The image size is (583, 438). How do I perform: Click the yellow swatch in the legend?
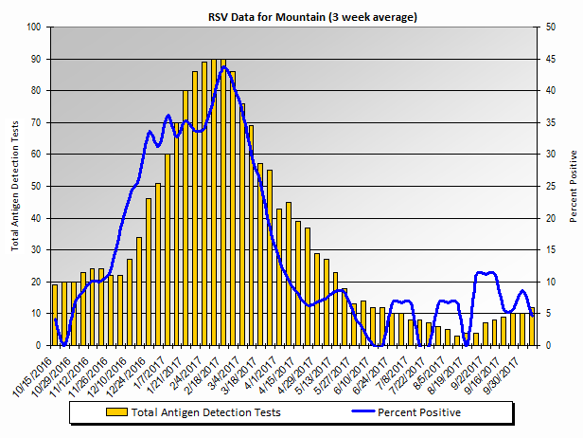click(x=116, y=412)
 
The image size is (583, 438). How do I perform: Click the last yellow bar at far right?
click(x=532, y=326)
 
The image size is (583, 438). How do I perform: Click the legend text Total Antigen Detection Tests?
click(x=205, y=412)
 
